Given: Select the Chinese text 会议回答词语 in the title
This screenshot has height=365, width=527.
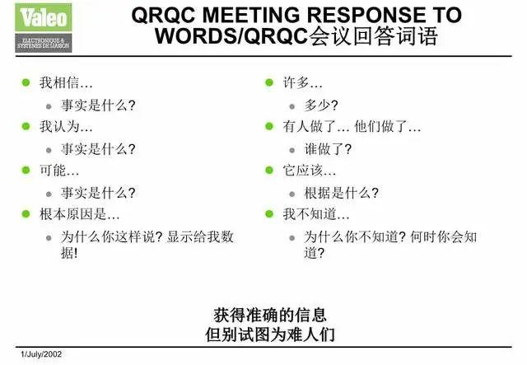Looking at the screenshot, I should tap(372, 37).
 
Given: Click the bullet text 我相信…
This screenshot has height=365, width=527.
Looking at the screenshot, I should tap(66, 83).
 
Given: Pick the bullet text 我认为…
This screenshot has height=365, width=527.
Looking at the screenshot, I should tap(66, 127).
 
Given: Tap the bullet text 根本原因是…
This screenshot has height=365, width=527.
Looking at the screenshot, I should tap(80, 214).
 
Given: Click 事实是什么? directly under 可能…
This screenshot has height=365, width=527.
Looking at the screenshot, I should tap(98, 193).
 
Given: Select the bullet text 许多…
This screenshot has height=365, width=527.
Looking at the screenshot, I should tap(302, 83).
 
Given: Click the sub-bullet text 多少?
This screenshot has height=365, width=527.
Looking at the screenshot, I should tap(321, 105).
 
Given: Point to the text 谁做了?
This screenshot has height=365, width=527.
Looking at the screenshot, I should tap(328, 149).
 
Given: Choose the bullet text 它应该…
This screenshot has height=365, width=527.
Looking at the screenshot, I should tap(310, 171).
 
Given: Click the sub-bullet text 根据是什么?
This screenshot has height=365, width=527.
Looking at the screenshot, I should tap(341, 193).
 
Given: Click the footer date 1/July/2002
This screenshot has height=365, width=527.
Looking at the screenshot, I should tap(31, 354).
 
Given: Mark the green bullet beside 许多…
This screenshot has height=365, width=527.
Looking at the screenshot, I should tap(268, 83).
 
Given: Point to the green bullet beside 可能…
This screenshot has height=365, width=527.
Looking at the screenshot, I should tap(26, 171).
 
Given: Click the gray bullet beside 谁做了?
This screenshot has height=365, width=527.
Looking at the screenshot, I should tap(292, 150).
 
